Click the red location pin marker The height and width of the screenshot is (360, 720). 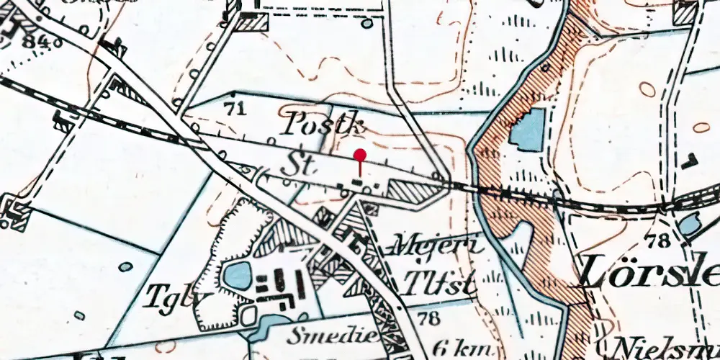coord(360,156)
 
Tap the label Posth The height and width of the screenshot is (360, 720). coord(322,125)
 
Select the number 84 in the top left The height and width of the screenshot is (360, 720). coord(32,40)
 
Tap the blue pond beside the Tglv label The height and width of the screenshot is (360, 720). coord(238,274)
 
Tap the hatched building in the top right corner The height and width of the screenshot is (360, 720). coord(685,13)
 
